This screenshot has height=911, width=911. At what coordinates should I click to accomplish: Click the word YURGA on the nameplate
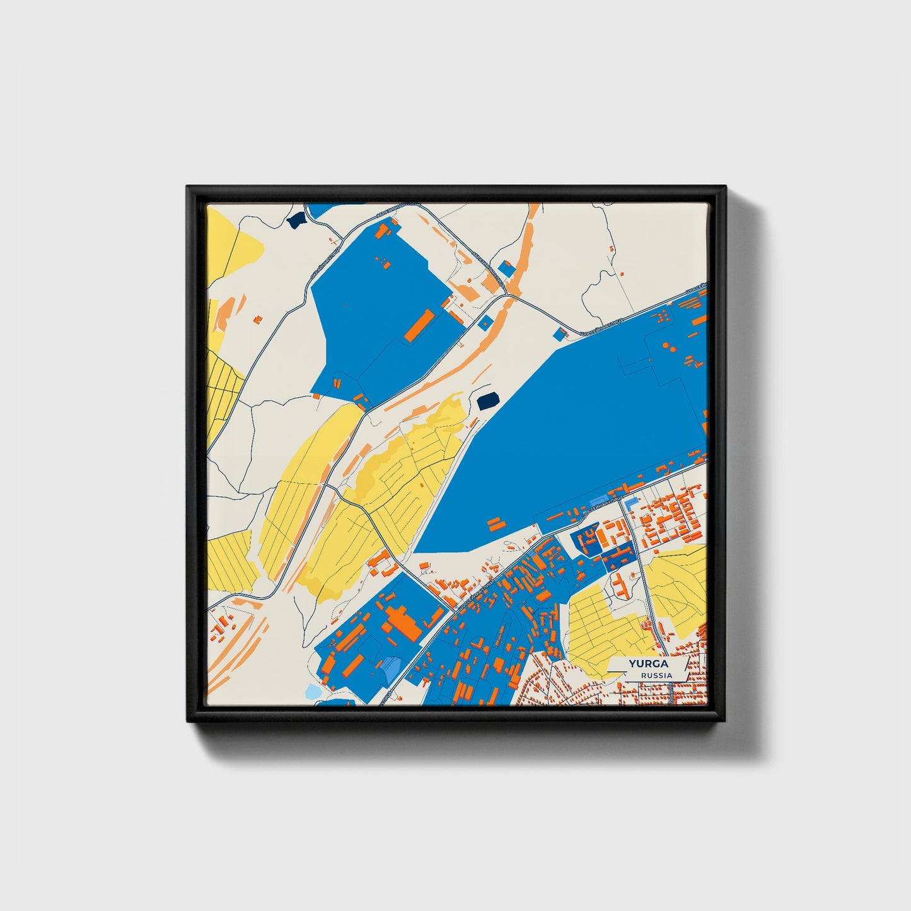coord(648,664)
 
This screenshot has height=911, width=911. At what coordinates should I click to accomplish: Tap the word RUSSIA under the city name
coord(656,675)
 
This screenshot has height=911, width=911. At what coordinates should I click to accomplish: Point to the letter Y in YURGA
coord(631,664)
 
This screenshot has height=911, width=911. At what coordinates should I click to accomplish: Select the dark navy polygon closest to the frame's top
coord(295,220)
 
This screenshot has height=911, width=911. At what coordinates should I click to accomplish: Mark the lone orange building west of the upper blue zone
coord(258,320)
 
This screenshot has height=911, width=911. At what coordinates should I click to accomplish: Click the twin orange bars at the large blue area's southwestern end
coord(496,523)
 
